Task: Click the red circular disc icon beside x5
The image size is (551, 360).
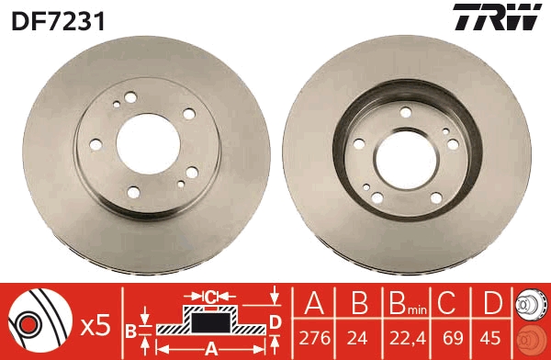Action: click(38, 323)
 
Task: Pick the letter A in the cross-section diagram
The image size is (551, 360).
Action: click(210, 348)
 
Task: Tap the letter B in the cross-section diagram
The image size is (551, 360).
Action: click(130, 329)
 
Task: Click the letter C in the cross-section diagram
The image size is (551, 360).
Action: click(210, 297)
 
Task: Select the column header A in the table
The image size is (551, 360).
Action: click(313, 304)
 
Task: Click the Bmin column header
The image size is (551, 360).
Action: click(400, 304)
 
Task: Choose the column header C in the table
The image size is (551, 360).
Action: click(449, 304)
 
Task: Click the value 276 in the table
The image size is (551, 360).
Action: click(313, 339)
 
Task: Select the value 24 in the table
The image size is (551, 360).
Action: click(357, 339)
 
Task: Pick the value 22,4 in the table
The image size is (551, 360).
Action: click(402, 339)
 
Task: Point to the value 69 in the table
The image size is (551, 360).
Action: click(449, 339)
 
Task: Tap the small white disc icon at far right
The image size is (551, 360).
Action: click(531, 304)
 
